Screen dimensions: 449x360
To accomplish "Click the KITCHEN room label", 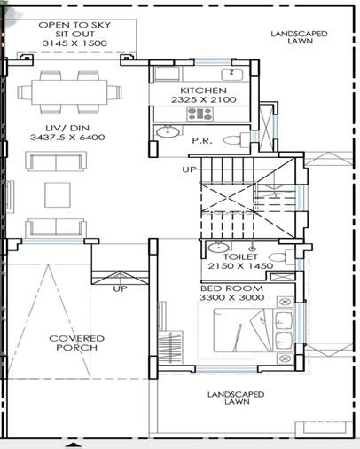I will point(203,91).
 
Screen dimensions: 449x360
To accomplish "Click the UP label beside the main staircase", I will point(188,169).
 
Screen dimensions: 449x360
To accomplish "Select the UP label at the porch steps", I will point(121,288).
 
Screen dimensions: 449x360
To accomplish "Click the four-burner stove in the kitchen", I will point(164,73).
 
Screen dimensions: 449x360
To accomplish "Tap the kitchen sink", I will point(237,73).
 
